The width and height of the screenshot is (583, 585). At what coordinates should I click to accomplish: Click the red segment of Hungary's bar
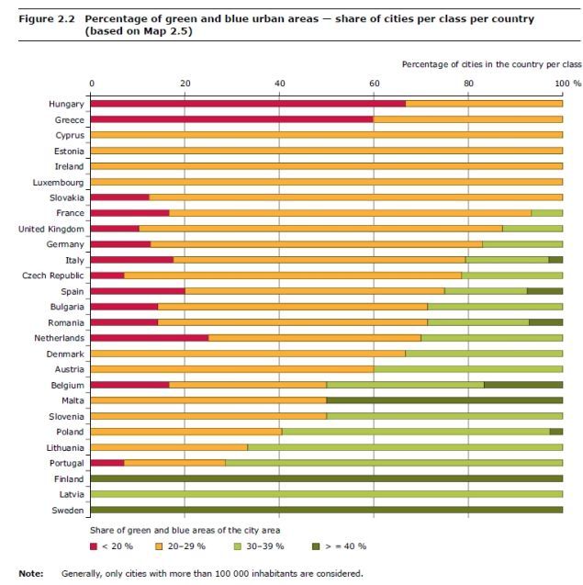tap(248, 104)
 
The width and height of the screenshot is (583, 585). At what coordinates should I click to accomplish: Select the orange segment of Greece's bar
tap(467, 119)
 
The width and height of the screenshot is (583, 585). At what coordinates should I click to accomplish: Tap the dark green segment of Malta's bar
tap(444, 401)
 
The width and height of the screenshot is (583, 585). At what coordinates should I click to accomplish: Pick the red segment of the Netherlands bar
tap(150, 338)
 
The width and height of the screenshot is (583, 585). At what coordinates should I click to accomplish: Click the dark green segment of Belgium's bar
tap(522, 385)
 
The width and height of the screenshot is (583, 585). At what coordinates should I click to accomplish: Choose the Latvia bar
tap(327, 495)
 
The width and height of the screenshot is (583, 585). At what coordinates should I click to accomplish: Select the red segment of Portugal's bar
tap(107, 464)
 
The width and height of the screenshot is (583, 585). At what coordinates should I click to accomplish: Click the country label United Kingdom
tap(51, 229)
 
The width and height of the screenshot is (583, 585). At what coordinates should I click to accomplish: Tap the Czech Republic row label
tap(54, 276)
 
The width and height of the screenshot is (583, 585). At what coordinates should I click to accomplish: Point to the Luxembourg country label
tap(59, 182)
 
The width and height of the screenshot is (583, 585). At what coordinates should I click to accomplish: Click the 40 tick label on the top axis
tap(280, 84)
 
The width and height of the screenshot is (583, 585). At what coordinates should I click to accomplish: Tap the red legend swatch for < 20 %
tap(95, 546)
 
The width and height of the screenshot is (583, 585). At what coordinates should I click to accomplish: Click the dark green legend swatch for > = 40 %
tap(317, 546)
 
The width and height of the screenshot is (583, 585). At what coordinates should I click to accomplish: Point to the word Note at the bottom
tap(31, 574)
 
